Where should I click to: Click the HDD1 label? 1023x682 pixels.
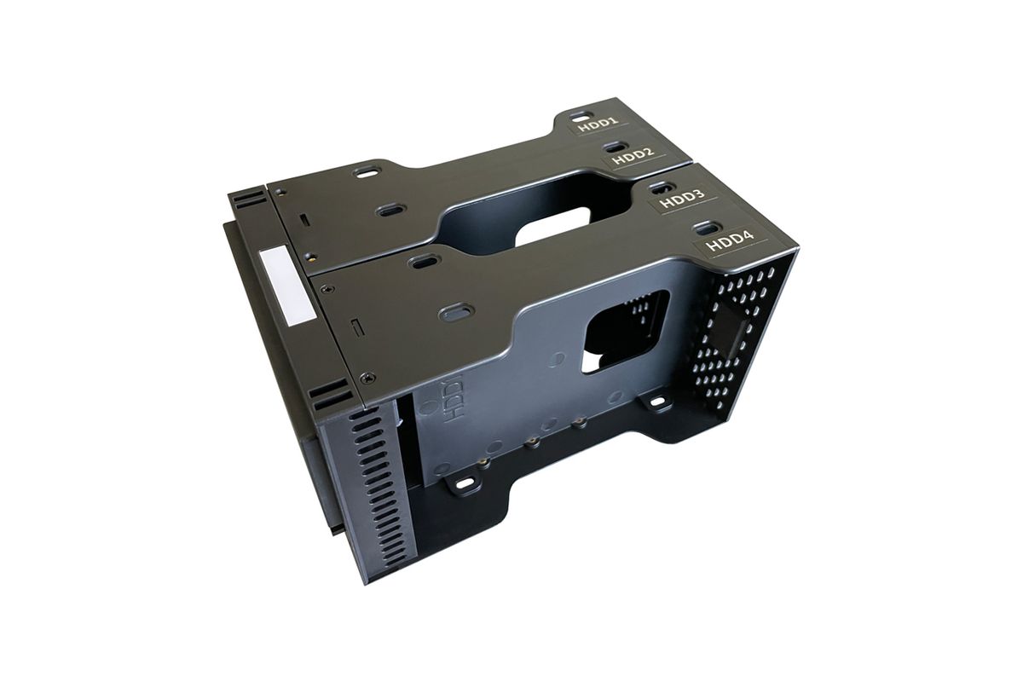point(598,124)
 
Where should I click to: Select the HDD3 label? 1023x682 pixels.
point(683,199)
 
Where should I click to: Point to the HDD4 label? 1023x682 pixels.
point(730,240)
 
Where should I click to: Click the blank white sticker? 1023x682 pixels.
point(286,287)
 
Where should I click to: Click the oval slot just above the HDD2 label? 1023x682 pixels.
point(616,147)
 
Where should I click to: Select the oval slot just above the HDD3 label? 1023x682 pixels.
point(662,187)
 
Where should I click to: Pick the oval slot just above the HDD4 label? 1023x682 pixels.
point(707,227)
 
